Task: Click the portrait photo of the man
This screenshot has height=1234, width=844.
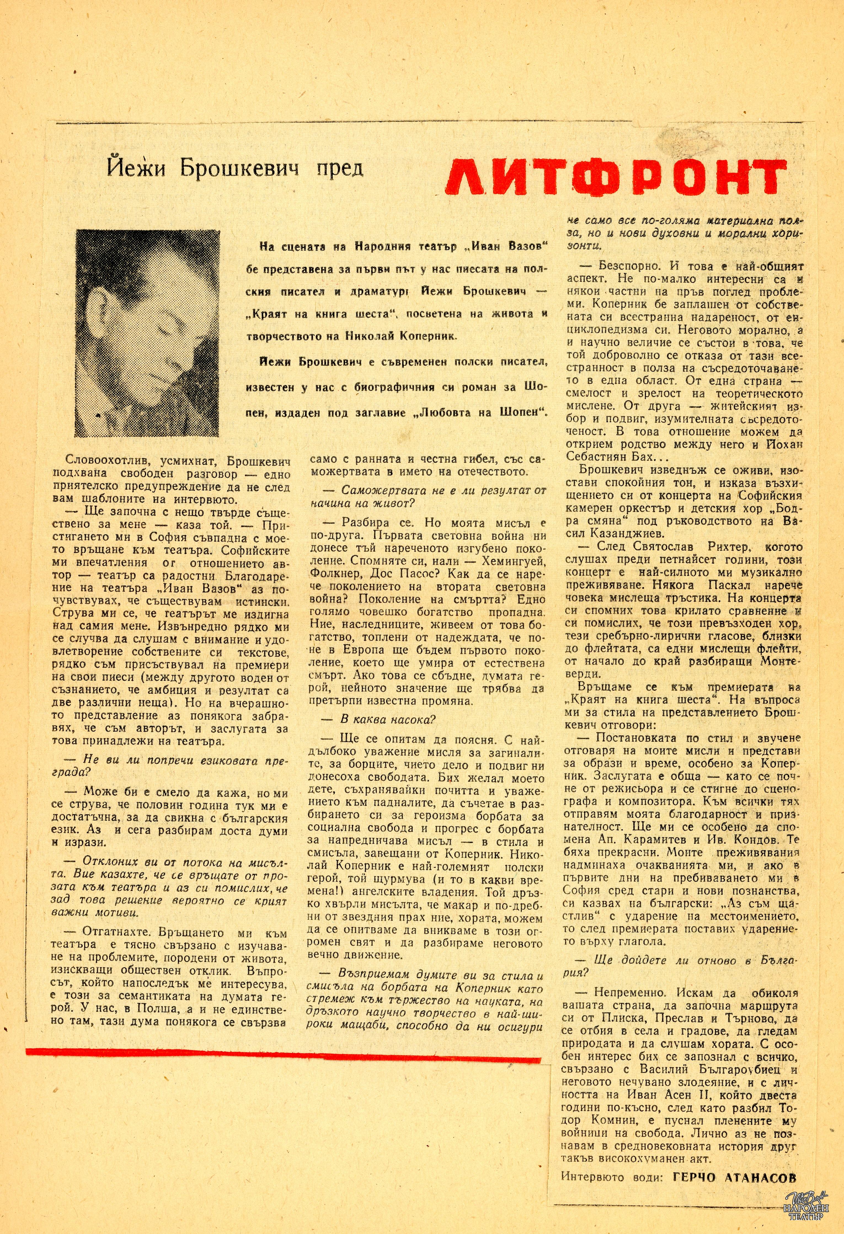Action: point(148,333)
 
